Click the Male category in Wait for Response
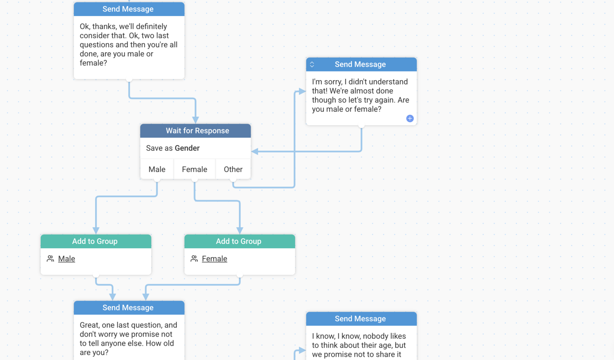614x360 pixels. coord(157,169)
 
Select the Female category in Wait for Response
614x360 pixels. coord(194,169)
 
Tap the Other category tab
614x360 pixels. coord(233,169)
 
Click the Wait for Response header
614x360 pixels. coord(195,131)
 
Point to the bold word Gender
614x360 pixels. coord(187,148)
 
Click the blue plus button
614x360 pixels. coord(410,119)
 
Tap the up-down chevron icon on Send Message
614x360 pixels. coord(312,64)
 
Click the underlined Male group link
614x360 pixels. coord(67,259)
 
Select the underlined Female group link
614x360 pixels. coord(215,259)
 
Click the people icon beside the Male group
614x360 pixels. coord(50,259)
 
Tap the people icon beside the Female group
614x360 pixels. coord(194,259)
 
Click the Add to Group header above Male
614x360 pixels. coord(96,241)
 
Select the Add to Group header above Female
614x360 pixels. coord(240,241)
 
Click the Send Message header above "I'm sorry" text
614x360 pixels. coord(361,64)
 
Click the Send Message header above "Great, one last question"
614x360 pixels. coord(129,308)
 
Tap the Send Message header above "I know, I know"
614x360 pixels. coord(361,319)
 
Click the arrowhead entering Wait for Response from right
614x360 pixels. coord(255,151)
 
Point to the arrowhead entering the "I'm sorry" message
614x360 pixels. coord(302,91)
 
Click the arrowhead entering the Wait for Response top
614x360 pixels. coord(195,120)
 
